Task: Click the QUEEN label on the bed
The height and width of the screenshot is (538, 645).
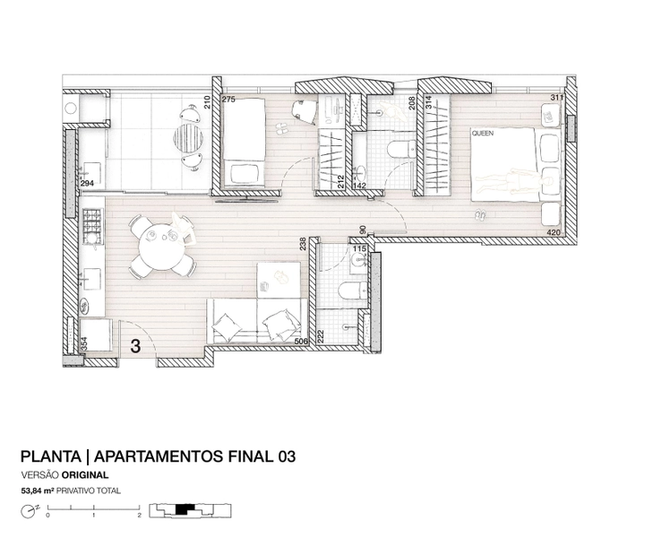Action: [483, 134]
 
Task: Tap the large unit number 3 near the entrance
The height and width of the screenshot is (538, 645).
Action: [135, 346]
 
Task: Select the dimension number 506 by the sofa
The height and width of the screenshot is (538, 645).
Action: [302, 342]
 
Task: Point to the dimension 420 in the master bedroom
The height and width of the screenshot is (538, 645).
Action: [554, 232]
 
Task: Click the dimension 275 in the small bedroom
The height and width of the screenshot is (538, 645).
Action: [228, 100]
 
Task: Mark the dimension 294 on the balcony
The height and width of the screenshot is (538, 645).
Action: [87, 184]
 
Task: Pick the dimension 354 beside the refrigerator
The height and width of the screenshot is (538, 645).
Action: [84, 343]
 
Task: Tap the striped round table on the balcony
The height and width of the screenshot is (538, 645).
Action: [188, 138]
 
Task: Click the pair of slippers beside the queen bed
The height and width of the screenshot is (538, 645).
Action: [479, 215]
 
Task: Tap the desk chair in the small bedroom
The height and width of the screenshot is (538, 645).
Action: [303, 110]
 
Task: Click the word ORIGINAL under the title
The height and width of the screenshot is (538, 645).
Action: [85, 475]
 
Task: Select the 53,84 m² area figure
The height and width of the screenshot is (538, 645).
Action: [38, 490]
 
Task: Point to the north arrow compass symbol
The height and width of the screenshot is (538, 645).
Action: [28, 512]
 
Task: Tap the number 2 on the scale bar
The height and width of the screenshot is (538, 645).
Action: [140, 515]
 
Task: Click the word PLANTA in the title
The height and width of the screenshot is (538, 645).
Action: [51, 456]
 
